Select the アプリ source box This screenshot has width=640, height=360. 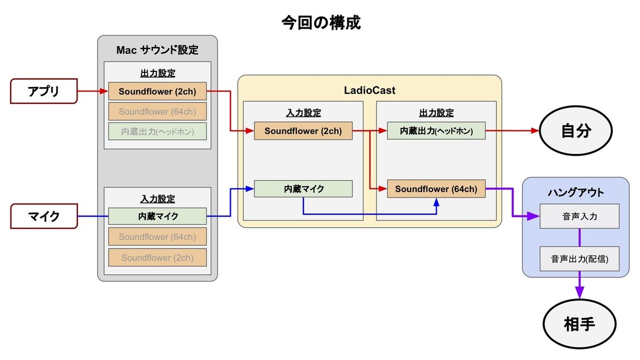click(x=43, y=92)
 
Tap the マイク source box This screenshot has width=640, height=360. click(x=43, y=217)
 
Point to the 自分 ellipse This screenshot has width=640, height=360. click(x=576, y=131)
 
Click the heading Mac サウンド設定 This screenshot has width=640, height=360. click(x=157, y=50)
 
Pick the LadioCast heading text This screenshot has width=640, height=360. click(x=369, y=91)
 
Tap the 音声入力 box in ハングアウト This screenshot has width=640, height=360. click(x=579, y=217)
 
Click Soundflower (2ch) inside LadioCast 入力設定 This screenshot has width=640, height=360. click(x=303, y=131)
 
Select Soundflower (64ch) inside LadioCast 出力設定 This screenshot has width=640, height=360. click(x=436, y=189)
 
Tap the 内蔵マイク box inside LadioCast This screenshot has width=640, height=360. click(x=303, y=189)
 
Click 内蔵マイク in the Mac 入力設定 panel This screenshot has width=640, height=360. click(x=157, y=216)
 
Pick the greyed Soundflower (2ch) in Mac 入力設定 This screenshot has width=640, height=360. click(x=157, y=258)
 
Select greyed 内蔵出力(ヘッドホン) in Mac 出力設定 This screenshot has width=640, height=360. click(x=157, y=131)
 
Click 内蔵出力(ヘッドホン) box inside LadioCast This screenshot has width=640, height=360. click(x=436, y=131)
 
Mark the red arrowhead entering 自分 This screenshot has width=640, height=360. click(x=535, y=131)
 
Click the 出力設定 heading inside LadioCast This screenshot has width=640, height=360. click(x=436, y=113)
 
